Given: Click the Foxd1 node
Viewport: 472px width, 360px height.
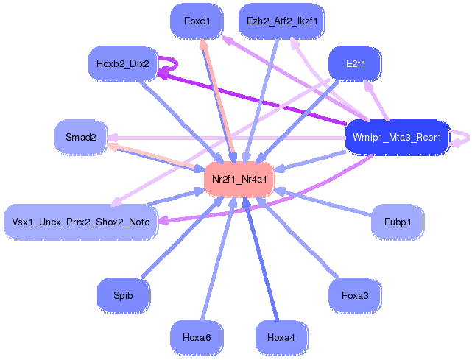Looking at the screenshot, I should pyautogui.click(x=197, y=21).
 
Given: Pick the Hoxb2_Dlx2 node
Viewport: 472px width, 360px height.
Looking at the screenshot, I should pyautogui.click(x=123, y=64).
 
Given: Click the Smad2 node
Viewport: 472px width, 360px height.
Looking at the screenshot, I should pyautogui.click(x=81, y=137).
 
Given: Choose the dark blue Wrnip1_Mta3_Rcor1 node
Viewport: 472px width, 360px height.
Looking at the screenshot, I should pyautogui.click(x=396, y=137).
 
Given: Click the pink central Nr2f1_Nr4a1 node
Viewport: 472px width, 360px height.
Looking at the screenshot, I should pyautogui.click(x=239, y=179).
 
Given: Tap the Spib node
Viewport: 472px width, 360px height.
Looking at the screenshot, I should pyautogui.click(x=123, y=296).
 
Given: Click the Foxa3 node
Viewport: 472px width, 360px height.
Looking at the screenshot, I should pyautogui.click(x=355, y=296).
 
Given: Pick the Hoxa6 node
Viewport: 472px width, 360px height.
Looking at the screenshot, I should pyautogui.click(x=197, y=337).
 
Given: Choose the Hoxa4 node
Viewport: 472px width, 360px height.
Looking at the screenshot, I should pyautogui.click(x=281, y=337).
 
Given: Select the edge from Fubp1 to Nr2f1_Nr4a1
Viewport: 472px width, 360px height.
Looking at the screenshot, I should pyautogui.click(x=324, y=203).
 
